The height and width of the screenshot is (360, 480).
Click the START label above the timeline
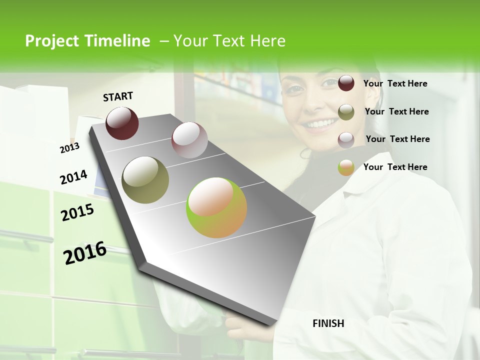pos(118,96)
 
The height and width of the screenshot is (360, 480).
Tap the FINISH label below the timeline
pos(328,323)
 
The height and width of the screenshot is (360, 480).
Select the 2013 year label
pos(69,148)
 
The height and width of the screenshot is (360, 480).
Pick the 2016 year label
pos(85,252)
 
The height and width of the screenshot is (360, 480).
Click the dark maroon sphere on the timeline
pos(122,123)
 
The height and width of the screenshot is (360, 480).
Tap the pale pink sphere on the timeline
pos(189,140)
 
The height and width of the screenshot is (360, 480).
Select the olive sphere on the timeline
pos(145,180)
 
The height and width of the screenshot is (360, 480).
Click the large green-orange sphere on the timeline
pos(216,207)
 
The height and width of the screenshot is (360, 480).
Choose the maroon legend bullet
pos(346,83)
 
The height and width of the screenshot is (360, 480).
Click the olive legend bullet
pos(346,112)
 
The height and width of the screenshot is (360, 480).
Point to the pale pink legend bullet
pos(346,140)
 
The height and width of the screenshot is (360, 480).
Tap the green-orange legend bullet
pos(346,167)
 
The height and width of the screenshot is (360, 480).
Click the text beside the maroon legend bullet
pos(395,84)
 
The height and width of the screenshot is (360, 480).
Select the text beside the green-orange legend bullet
pos(395,167)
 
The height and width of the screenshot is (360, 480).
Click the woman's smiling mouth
pos(320,123)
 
